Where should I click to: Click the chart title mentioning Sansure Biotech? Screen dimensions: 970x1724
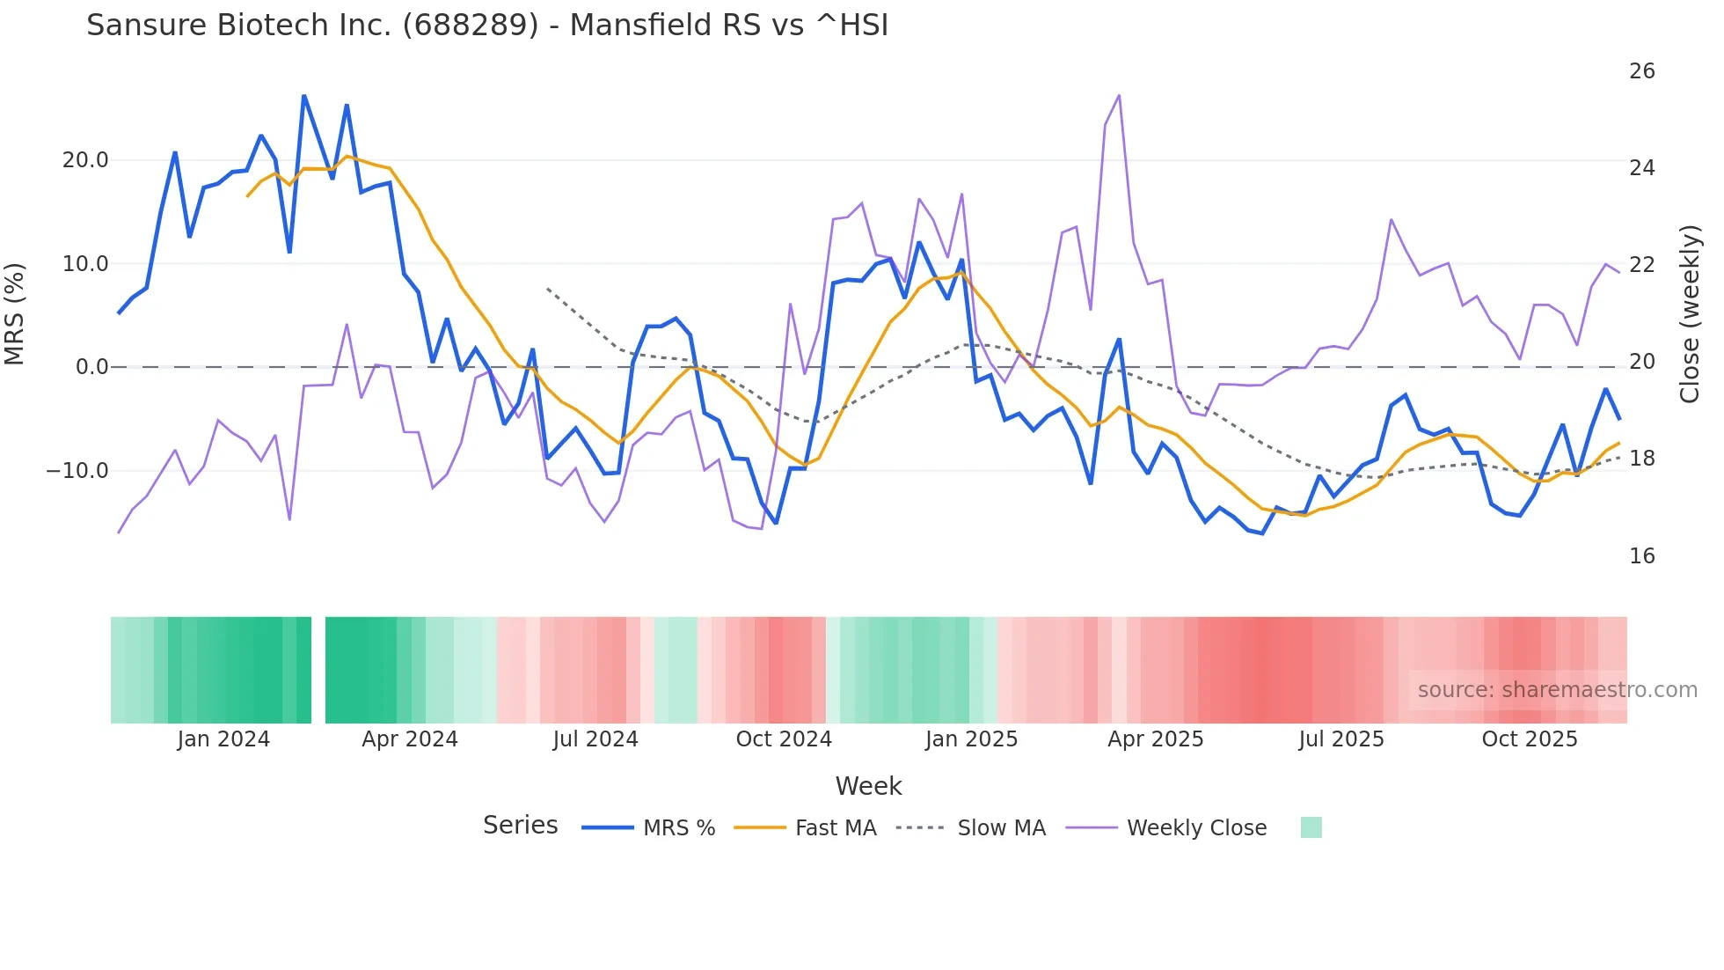(x=487, y=26)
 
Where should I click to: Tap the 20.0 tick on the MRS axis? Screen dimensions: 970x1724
(x=85, y=160)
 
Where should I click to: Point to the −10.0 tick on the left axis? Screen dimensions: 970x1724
(x=77, y=471)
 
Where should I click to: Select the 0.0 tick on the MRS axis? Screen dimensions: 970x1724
(x=91, y=367)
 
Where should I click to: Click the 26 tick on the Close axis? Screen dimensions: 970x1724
(x=1641, y=71)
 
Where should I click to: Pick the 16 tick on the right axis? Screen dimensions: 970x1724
(x=1641, y=556)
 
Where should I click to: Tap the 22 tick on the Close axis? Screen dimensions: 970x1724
(x=1641, y=265)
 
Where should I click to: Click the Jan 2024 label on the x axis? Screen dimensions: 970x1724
(x=223, y=739)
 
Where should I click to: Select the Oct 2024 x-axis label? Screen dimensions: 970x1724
(x=784, y=739)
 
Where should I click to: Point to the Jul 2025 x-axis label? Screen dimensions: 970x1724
(x=1341, y=739)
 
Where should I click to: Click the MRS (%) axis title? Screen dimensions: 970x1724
(x=15, y=314)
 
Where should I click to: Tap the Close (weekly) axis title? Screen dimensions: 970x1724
(x=1690, y=314)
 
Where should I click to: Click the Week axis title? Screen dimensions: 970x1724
(x=868, y=786)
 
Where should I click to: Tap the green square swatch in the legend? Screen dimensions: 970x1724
(x=1311, y=827)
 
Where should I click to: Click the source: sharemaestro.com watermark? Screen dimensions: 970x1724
(x=1557, y=690)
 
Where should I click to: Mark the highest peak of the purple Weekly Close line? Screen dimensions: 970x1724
(x=1119, y=95)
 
